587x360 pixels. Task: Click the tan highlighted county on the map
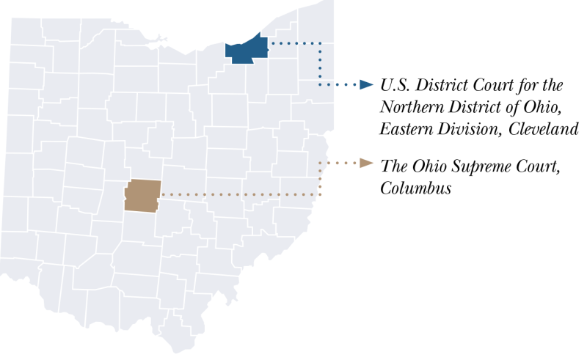141,195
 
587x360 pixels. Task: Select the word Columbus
415,188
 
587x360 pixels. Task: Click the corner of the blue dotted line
320,44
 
